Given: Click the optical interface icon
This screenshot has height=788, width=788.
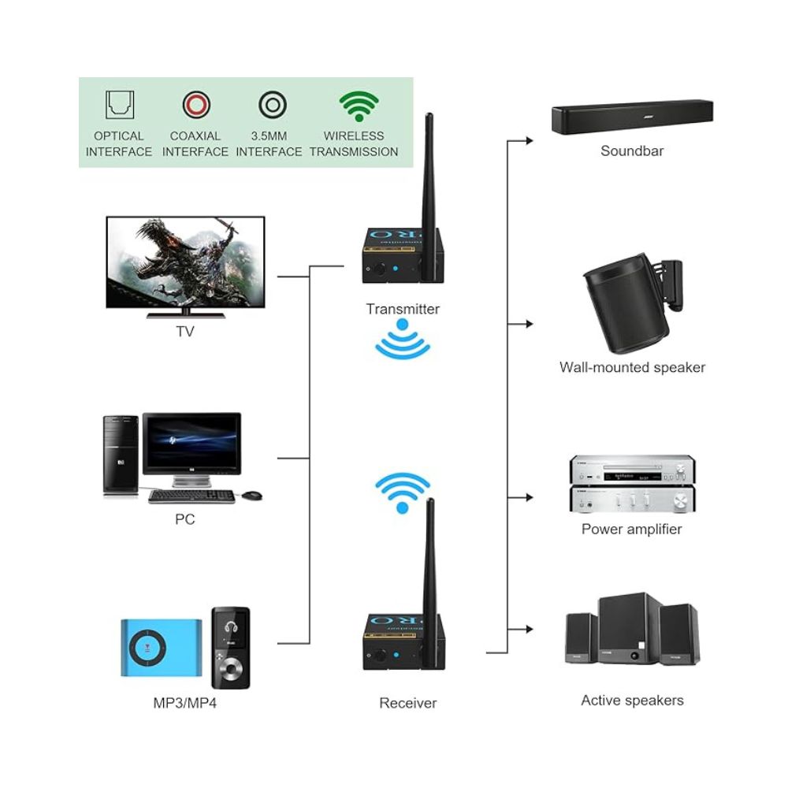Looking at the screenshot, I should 120,104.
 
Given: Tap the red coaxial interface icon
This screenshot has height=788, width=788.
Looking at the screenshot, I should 195,104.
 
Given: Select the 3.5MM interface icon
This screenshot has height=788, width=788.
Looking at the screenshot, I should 272,104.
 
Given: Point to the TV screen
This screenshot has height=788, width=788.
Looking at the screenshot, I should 185,261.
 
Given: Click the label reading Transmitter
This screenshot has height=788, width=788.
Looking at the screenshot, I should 403,309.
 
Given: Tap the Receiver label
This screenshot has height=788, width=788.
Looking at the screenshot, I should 407,703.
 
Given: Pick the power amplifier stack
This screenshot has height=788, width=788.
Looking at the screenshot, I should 631,484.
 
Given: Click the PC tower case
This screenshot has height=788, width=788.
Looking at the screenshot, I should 121,455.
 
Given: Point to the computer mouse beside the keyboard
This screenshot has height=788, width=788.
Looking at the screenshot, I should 251,496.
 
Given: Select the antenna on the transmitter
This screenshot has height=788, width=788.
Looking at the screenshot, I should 429,197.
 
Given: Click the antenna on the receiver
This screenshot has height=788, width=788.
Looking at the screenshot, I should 430,583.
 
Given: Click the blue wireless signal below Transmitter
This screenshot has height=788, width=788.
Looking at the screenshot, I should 403,344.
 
